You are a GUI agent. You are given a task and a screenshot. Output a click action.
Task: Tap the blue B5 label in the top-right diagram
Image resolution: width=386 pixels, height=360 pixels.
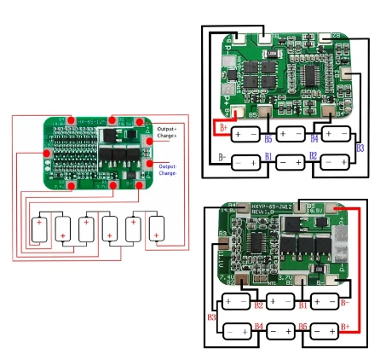268,137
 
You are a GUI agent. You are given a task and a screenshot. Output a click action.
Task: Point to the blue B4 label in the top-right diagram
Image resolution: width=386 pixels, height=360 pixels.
314,137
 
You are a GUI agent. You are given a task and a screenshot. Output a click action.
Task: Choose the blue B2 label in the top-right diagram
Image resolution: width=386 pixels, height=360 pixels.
313,157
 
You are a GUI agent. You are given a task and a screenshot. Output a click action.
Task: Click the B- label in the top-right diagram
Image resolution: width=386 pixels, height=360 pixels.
222,158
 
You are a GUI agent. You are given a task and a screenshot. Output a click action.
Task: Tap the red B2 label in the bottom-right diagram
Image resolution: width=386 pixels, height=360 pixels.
258,305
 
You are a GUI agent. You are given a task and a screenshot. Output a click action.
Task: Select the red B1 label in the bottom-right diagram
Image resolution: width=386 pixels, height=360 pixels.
301,305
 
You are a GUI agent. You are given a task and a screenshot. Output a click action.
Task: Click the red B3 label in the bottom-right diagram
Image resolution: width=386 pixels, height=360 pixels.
211,318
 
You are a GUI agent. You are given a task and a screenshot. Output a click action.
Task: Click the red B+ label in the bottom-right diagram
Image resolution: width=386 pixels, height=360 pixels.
345,325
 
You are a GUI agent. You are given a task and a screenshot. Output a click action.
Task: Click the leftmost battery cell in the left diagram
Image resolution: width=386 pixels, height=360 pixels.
38,228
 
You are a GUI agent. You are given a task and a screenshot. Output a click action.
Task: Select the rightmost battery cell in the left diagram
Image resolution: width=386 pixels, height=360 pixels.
157,228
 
